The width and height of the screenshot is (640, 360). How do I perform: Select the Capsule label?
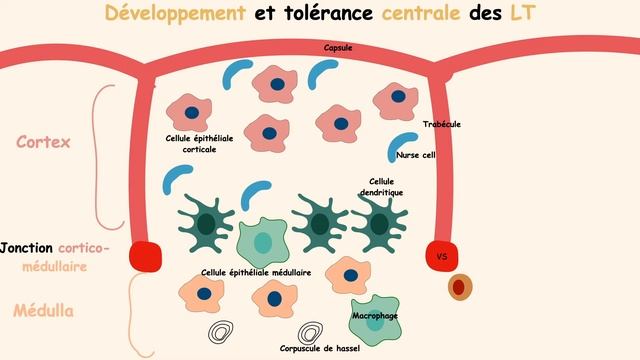(x=337, y=48)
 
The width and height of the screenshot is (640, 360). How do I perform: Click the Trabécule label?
(x=442, y=124)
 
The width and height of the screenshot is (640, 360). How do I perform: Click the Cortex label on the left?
(x=43, y=142)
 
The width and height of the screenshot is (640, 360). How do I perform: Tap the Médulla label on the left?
(x=43, y=310)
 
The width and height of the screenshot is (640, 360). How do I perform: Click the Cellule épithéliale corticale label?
(x=199, y=144)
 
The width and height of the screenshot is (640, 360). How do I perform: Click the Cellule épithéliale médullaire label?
(x=256, y=271)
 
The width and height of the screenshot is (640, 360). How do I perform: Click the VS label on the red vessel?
(x=442, y=256)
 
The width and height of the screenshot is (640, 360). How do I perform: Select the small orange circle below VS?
(x=459, y=287)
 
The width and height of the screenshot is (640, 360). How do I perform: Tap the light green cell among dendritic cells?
(x=263, y=241)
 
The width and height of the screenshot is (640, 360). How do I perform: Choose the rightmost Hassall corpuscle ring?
(x=312, y=331)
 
